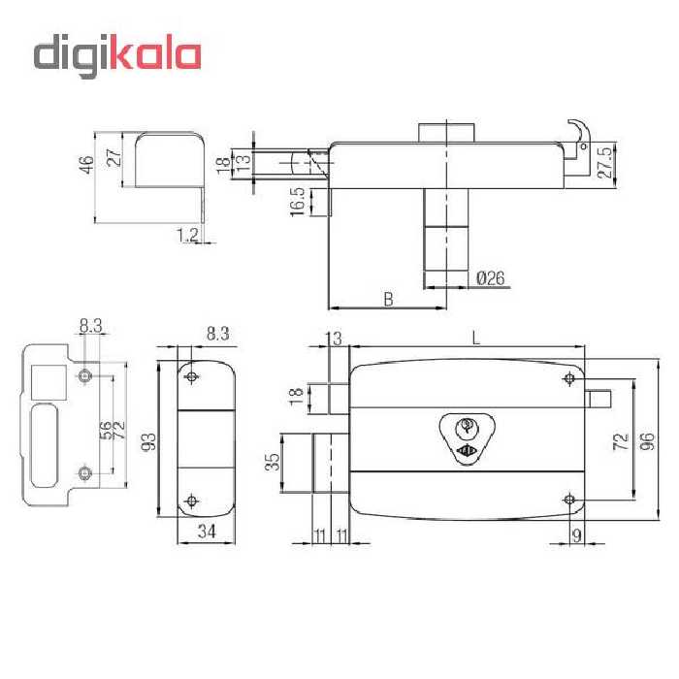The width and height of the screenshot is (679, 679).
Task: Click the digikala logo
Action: (x=117, y=55)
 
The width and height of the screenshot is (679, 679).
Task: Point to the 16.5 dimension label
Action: (x=296, y=201)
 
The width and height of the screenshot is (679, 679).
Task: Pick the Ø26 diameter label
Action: (x=491, y=278)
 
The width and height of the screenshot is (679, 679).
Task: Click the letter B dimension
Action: (x=388, y=299)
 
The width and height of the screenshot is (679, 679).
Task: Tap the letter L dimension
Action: (x=474, y=337)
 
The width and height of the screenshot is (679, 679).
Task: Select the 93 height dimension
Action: (x=149, y=442)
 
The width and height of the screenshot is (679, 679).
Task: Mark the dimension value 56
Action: (x=105, y=427)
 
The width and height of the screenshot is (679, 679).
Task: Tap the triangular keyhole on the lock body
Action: (x=466, y=437)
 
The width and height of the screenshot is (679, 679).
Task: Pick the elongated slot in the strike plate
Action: (x=44, y=444)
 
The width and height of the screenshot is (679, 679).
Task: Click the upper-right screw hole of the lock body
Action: (x=569, y=378)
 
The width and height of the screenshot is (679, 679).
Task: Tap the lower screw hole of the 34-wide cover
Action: (x=191, y=501)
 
